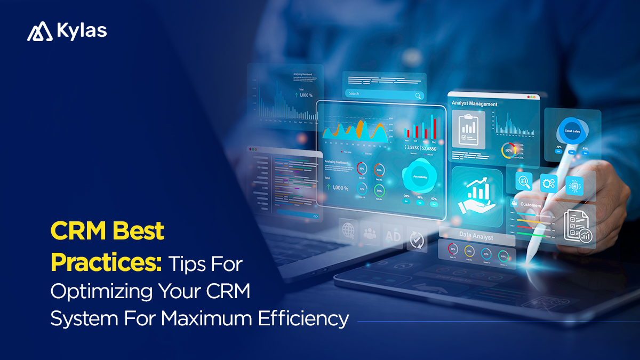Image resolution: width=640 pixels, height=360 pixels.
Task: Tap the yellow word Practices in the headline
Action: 106,262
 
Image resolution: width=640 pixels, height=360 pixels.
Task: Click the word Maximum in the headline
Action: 211,318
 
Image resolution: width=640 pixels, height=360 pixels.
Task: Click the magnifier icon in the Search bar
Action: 419,95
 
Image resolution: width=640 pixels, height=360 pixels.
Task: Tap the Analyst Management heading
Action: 475,104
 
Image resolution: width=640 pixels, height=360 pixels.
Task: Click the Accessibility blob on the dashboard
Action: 420,175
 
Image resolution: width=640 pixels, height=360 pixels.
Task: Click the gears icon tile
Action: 549,183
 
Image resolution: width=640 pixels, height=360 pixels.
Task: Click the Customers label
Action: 530,205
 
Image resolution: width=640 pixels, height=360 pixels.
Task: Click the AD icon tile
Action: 393,236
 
